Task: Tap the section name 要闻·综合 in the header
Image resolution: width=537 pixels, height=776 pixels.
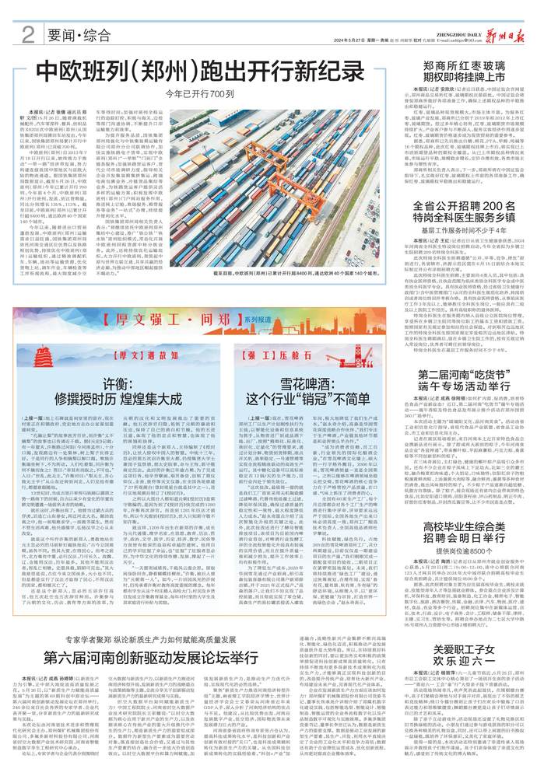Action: pos(77,35)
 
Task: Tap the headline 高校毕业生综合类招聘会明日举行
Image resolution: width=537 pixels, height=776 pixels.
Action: pos(465,565)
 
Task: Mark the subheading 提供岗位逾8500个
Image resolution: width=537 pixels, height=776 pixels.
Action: pos(465,592)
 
